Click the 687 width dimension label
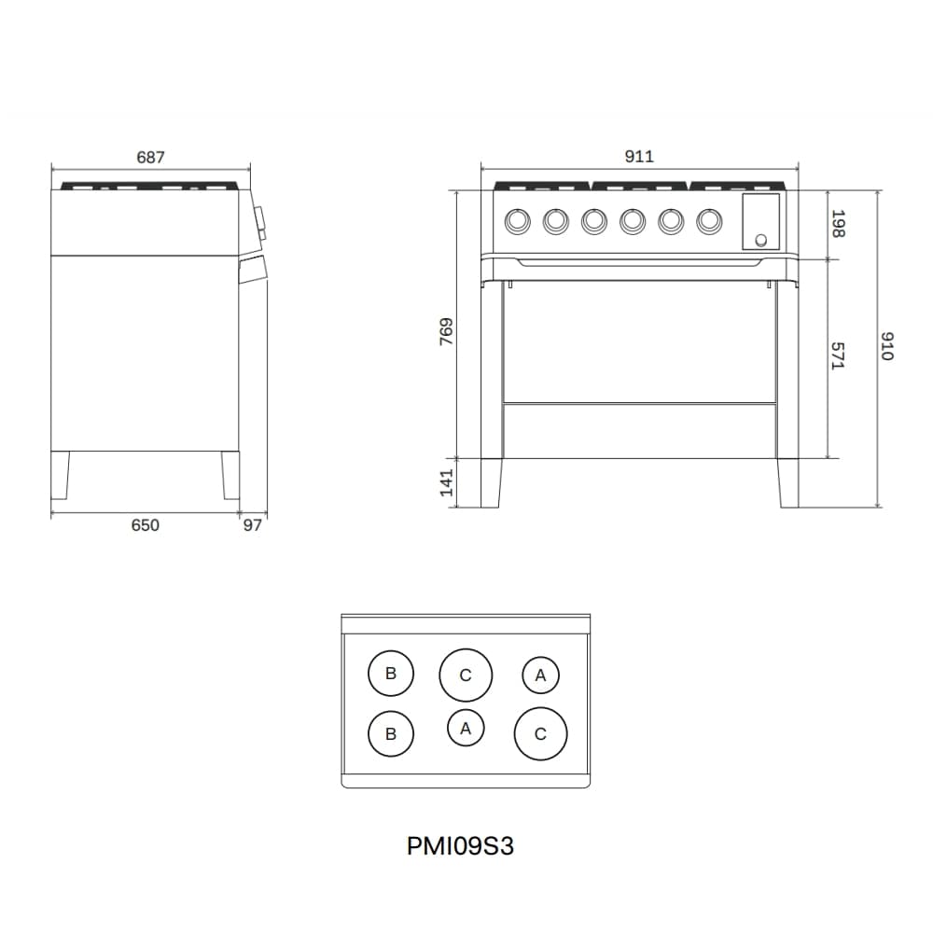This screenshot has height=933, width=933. (x=150, y=158)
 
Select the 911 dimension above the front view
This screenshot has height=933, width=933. (x=639, y=157)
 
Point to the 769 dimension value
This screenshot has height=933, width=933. (x=446, y=333)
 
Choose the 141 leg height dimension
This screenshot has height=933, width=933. (x=446, y=482)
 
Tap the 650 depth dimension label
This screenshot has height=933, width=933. (x=145, y=525)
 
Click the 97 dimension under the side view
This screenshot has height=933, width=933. (x=253, y=525)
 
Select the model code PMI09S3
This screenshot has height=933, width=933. (x=461, y=846)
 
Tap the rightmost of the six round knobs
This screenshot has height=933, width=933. (x=709, y=221)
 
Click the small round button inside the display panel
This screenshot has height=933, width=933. (x=761, y=241)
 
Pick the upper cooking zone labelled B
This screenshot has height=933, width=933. (x=391, y=674)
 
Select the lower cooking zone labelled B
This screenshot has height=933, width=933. (x=391, y=734)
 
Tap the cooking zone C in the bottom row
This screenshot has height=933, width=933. (x=540, y=734)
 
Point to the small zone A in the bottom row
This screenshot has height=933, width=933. (x=466, y=728)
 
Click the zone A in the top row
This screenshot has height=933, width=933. (x=540, y=675)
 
